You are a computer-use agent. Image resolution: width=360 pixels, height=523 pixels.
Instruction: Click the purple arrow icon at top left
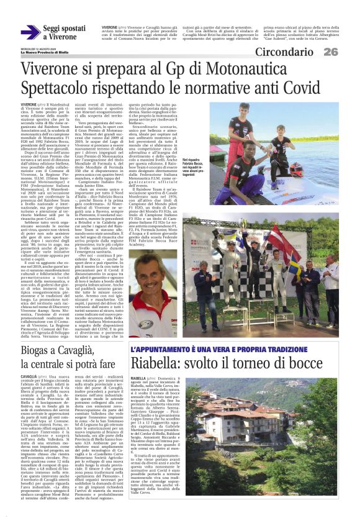(31, 33)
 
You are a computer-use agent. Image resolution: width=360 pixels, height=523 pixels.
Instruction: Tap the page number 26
(330, 52)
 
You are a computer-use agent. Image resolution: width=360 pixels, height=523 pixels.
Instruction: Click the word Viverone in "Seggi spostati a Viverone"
(63, 37)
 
